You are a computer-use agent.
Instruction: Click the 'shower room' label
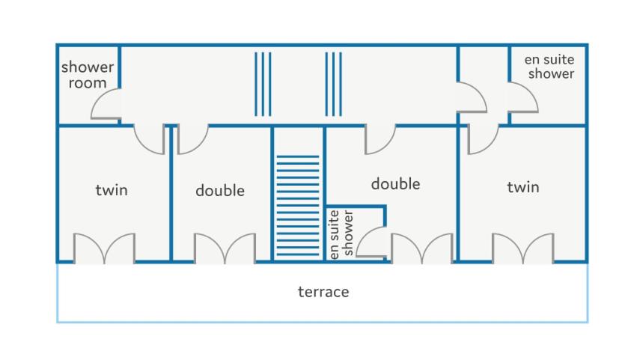88,75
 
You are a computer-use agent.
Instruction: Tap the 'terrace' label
323,292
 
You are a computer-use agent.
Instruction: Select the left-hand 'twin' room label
112,189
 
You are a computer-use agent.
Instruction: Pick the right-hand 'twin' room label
523,187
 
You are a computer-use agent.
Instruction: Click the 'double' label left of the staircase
220,190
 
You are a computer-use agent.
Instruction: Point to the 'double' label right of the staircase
395,184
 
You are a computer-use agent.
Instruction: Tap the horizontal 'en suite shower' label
549,67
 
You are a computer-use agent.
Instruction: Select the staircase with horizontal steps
298,205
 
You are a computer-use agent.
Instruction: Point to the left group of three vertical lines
263,84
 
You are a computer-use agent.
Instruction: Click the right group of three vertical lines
333,84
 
